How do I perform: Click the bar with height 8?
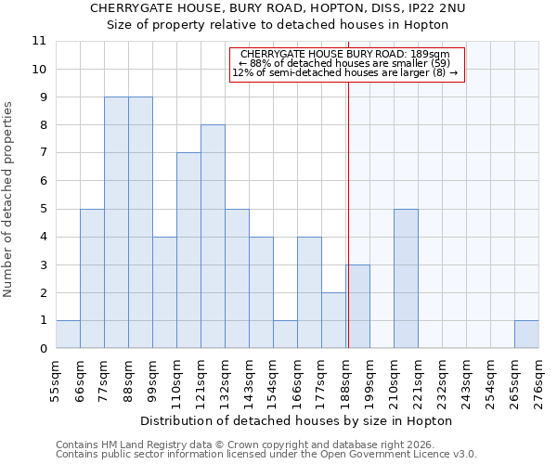213,237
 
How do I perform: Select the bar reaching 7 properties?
188,251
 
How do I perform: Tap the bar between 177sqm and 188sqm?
333,320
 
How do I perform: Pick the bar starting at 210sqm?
406,278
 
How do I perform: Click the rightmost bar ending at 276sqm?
526,334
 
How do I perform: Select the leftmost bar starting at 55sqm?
68,334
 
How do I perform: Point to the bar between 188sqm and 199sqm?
358,306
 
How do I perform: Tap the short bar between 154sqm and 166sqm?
285,334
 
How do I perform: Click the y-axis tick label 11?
38,42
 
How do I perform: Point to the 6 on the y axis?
42,181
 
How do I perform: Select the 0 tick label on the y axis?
42,349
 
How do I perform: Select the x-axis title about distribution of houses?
297,420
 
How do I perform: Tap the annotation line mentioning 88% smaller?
344,63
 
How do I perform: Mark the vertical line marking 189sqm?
348,204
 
